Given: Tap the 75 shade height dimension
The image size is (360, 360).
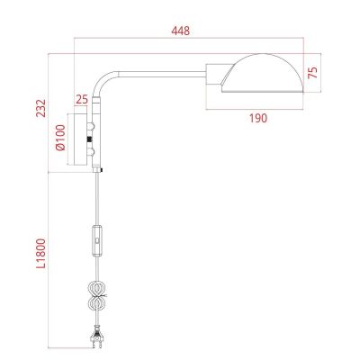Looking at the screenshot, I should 314,75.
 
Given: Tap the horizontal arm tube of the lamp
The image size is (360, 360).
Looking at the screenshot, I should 162,69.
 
